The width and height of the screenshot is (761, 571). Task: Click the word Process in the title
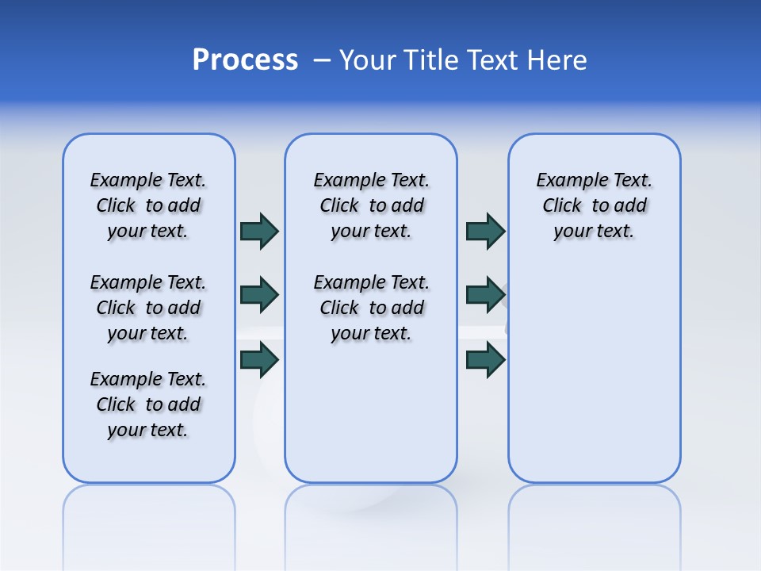(x=245, y=60)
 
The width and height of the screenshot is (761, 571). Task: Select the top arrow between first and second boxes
(x=259, y=231)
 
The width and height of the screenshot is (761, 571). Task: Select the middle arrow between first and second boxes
(x=259, y=295)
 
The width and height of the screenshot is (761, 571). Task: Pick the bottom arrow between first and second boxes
(x=259, y=360)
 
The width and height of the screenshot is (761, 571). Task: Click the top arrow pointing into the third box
(x=485, y=231)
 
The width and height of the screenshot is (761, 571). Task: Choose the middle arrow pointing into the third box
(x=485, y=295)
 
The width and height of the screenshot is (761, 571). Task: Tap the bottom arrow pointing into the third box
(x=485, y=360)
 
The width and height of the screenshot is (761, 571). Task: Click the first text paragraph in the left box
(x=148, y=205)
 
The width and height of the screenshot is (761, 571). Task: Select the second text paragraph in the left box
(x=148, y=308)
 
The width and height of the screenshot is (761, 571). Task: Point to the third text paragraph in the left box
(x=148, y=404)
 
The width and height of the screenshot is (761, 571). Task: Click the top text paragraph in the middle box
(x=371, y=205)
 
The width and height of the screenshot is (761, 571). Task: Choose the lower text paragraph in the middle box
(x=371, y=308)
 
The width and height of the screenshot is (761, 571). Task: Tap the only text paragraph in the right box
(x=594, y=205)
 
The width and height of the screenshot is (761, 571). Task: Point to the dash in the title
(x=322, y=60)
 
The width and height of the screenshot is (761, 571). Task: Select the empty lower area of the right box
(x=594, y=381)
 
